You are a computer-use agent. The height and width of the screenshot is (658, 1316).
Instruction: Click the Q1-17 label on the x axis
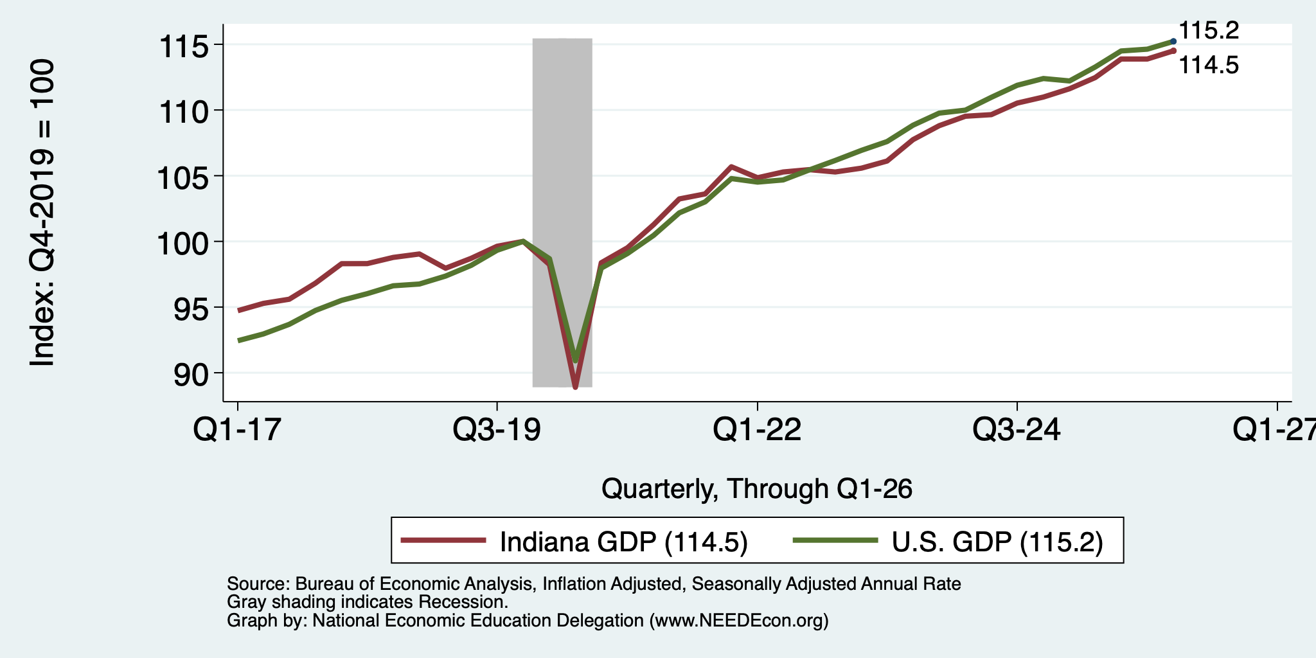point(238,429)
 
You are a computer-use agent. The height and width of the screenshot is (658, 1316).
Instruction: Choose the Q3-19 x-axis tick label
point(497,429)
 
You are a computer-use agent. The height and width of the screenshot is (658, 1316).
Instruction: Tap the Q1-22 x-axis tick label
point(757,429)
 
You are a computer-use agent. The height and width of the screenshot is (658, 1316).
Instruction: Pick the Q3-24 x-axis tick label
point(1017,429)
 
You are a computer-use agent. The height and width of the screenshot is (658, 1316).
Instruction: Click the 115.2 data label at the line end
point(1209,30)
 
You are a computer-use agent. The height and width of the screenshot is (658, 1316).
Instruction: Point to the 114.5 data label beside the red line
point(1209,65)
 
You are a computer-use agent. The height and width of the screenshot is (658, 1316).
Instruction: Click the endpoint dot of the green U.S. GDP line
point(1173,41)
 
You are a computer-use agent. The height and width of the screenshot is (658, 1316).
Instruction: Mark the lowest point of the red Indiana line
point(575,387)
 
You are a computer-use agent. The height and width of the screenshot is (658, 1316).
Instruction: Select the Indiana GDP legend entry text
point(624,542)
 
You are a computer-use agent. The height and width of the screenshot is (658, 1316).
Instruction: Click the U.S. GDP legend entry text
point(997,542)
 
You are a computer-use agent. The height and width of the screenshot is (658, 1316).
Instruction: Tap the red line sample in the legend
point(443,540)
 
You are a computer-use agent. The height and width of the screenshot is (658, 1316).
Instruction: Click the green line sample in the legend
point(835,540)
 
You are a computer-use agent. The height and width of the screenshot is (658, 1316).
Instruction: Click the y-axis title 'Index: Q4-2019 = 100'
point(42,213)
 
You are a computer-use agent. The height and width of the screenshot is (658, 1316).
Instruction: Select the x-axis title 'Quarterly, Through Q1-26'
point(757,489)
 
